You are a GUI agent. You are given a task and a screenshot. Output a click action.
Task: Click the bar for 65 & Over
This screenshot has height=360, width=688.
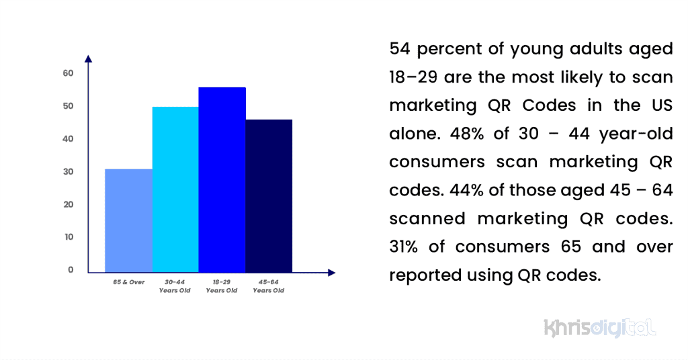coord(128,220)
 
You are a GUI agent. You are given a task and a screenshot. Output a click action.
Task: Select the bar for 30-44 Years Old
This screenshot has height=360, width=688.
coord(175,189)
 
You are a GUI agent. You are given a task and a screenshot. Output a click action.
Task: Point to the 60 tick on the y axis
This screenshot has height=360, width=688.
coord(68,73)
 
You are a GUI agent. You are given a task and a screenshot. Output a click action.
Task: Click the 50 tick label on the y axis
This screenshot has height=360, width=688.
coord(68,106)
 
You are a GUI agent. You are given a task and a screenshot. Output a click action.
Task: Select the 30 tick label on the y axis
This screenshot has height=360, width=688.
coord(68,172)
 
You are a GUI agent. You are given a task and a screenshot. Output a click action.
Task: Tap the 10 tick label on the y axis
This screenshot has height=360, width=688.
coord(68,237)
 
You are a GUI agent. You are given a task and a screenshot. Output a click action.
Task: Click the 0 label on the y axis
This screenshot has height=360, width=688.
coord(70,270)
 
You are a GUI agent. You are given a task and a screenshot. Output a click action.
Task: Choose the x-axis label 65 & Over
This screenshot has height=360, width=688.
coord(128,282)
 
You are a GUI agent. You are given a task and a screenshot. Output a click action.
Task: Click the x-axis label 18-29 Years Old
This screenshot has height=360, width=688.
coord(222,286)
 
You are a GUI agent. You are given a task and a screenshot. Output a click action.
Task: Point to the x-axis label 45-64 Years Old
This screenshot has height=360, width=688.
coord(269,286)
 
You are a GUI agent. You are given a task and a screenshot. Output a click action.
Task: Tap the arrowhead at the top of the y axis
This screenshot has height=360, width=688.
coord(88,58)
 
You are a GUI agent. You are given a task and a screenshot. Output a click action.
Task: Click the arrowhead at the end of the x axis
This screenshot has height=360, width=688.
coord(331,272)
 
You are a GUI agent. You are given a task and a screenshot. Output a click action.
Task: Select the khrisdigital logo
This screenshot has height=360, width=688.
coord(599,328)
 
